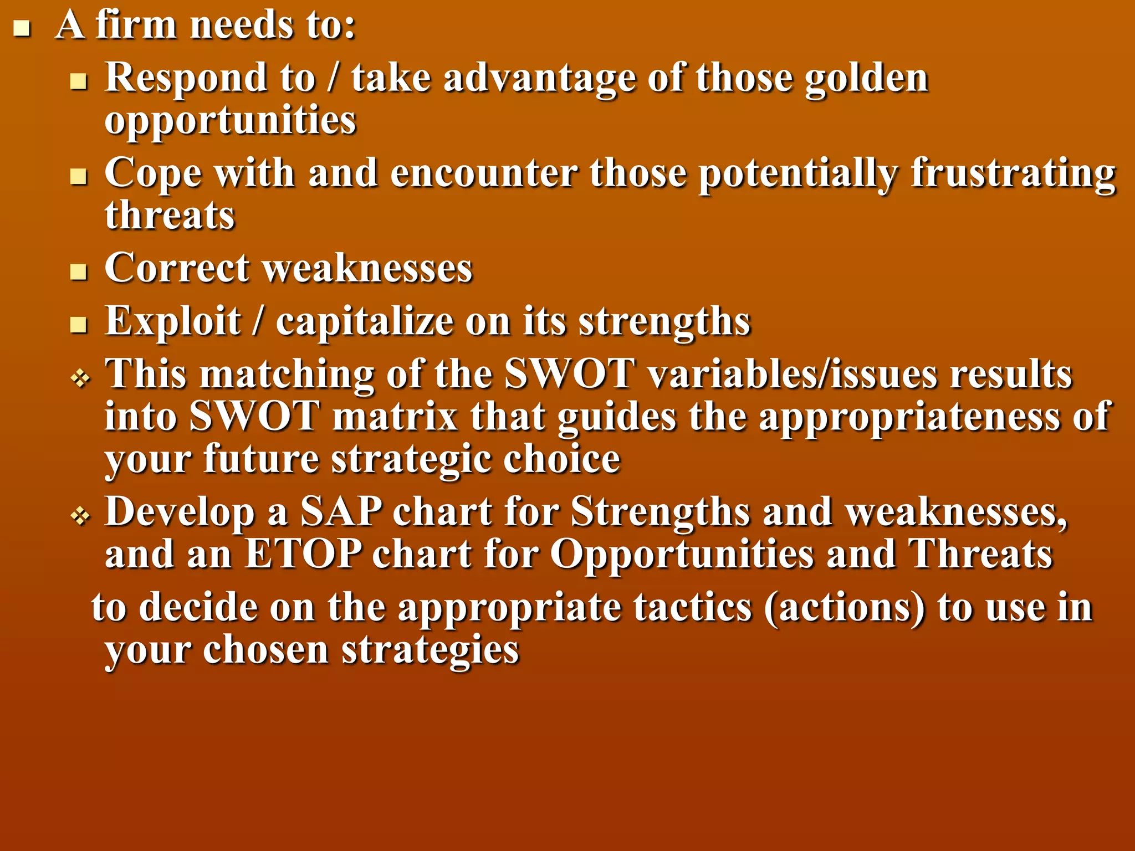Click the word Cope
(153, 173)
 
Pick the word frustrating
(1013, 173)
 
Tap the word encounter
(483, 173)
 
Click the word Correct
(177, 269)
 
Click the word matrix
(395, 417)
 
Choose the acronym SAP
(341, 511)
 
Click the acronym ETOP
(303, 553)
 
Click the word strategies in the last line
(430, 649)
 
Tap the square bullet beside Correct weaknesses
(79, 272)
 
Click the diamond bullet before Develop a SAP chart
(80, 517)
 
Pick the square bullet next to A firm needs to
(22, 28)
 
